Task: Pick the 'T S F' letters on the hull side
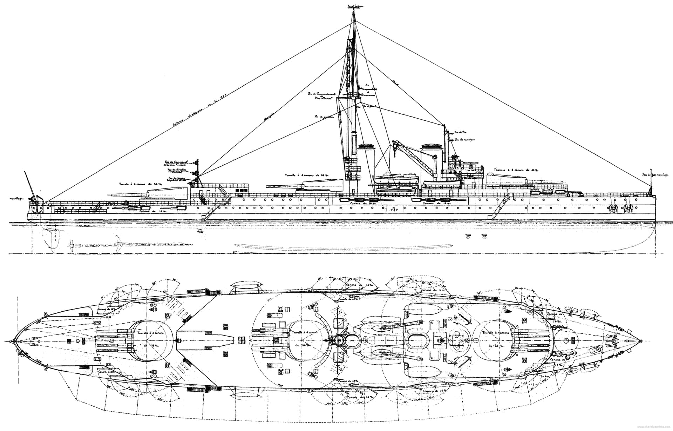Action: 394,210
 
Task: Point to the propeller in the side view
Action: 72,244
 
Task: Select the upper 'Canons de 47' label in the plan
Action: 347,299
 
